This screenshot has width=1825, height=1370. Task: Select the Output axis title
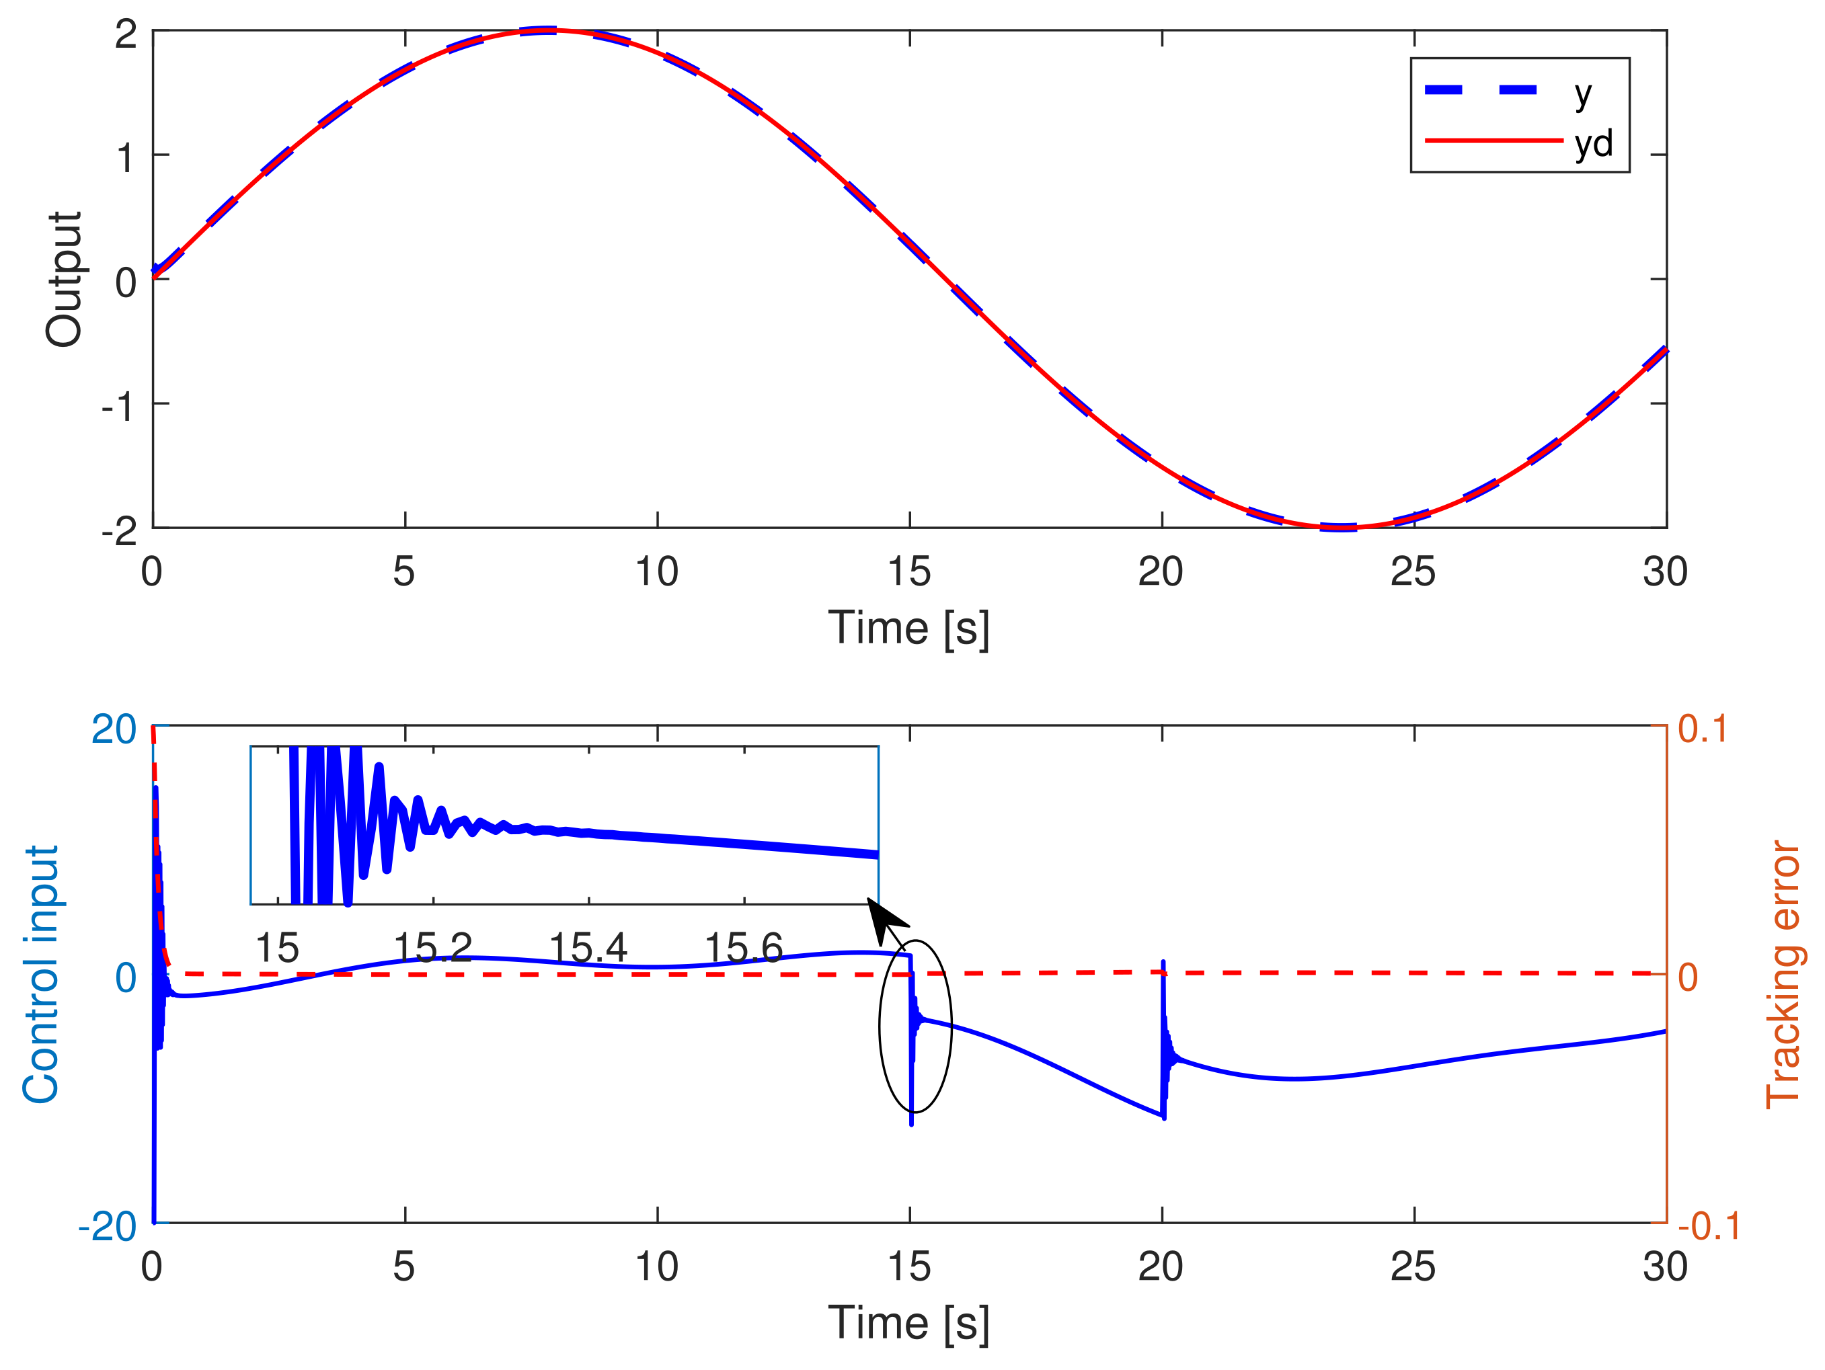pos(63,279)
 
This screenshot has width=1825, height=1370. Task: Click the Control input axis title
pos(41,973)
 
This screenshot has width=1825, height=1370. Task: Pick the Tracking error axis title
pos(1782,973)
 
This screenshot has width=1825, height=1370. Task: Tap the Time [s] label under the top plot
pos(908,628)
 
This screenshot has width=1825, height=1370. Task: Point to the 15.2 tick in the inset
pos(432,948)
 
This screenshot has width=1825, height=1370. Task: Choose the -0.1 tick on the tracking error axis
pos(1709,1227)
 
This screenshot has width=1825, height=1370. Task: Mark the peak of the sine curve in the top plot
pos(548,30)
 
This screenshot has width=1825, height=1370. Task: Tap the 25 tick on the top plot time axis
pos(1413,571)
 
